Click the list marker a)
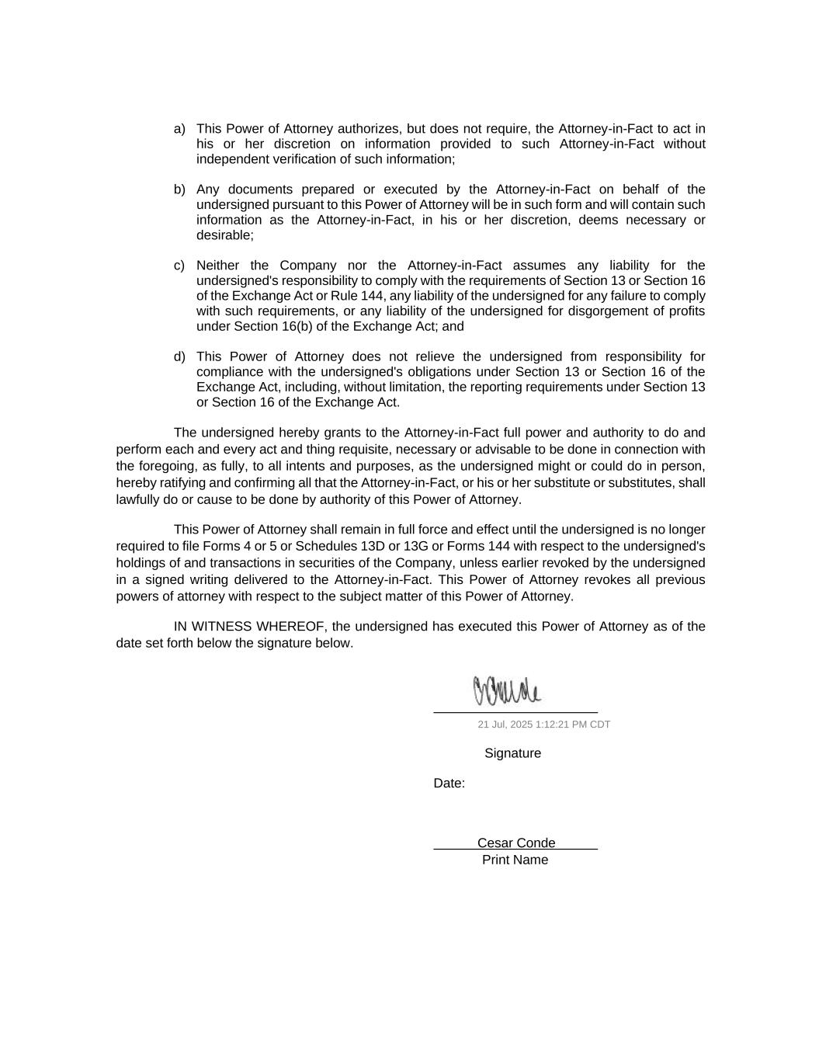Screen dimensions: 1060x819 coord(179,129)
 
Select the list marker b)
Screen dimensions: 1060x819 coord(179,189)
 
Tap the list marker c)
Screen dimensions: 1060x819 coord(179,266)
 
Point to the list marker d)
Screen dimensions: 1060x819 coord(179,357)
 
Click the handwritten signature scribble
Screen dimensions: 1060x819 coord(507,691)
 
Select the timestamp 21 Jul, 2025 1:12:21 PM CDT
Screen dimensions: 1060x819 coord(543,725)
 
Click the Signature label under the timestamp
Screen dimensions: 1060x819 coord(512,753)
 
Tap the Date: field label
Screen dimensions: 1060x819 coord(449,784)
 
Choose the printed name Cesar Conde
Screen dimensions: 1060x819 coord(516,843)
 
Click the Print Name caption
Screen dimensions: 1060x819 coord(515,860)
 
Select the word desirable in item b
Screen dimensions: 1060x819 coord(224,235)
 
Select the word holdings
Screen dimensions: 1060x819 coord(142,563)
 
